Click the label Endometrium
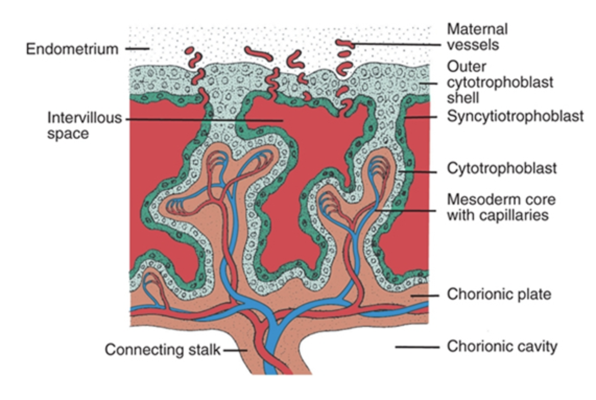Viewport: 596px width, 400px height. (x=73, y=50)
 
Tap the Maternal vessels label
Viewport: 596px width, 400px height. (x=477, y=37)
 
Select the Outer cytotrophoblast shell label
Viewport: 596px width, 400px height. (x=499, y=82)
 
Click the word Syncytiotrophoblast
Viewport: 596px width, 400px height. (x=515, y=116)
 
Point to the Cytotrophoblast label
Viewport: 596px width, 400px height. (x=502, y=169)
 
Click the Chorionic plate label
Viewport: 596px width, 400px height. (x=498, y=294)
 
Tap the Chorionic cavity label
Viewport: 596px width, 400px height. (x=502, y=346)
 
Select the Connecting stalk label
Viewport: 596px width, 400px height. (x=163, y=349)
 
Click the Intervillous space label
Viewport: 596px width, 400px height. (x=84, y=126)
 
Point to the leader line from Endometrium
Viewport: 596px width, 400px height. (x=137, y=50)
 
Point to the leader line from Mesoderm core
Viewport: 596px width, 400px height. (x=407, y=210)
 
